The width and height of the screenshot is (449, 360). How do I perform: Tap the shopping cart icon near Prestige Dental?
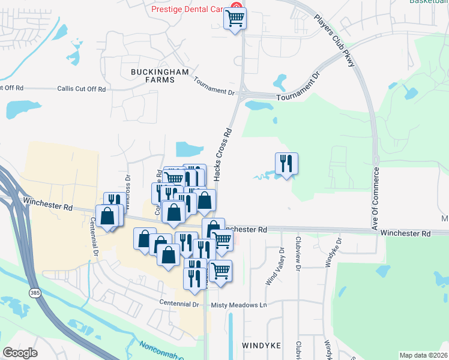click(235, 18)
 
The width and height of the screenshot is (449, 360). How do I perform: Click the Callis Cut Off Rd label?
click(82, 89)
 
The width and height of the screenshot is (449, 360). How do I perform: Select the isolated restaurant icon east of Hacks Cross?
click(286, 163)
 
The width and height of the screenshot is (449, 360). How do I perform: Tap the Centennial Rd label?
click(94, 235)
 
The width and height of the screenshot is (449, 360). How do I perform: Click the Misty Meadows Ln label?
click(239, 305)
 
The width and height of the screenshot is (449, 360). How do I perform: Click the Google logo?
click(19, 353)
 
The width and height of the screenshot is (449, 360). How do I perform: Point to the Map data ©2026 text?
click(423, 355)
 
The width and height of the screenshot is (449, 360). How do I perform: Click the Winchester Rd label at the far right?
click(406, 233)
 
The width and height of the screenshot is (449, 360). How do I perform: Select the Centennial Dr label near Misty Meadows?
click(179, 304)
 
